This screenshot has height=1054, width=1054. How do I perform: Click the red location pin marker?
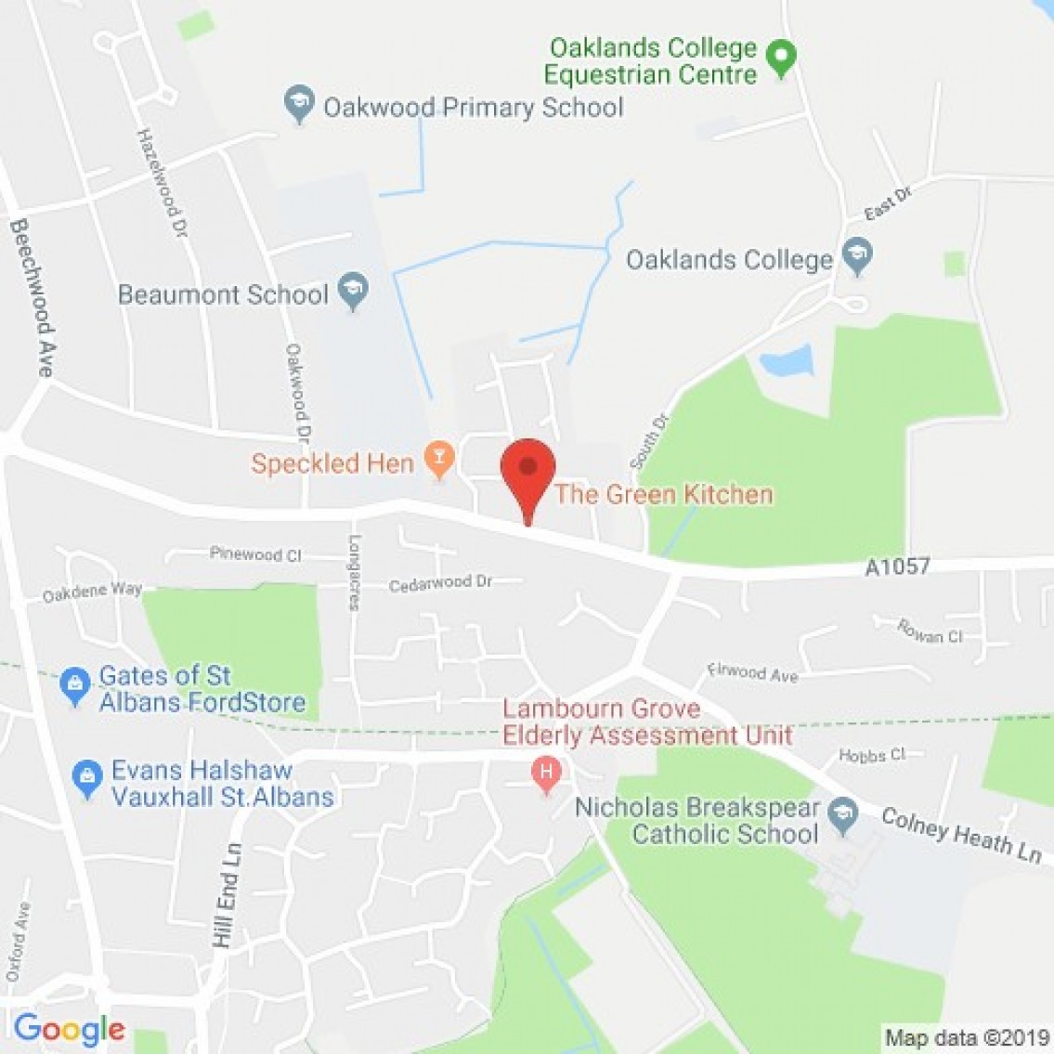tap(527, 472)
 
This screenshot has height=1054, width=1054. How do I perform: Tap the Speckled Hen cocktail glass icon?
tap(438, 458)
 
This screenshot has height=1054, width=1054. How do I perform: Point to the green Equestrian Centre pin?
tap(782, 59)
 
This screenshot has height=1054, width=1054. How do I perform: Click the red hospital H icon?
tap(546, 773)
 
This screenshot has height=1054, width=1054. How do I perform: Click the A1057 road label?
tap(897, 566)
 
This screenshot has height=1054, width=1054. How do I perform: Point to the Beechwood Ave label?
tap(32, 297)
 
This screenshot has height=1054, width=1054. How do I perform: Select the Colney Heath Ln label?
tap(961, 836)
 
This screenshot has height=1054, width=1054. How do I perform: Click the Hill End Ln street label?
tap(226, 895)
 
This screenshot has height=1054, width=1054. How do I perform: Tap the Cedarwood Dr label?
tap(440, 583)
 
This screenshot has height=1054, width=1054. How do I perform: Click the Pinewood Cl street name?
tap(255, 554)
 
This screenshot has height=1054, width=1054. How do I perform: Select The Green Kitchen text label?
tap(663, 494)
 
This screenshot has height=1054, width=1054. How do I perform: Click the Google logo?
tap(69, 1029)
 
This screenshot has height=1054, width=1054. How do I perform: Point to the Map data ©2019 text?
tap(966, 1036)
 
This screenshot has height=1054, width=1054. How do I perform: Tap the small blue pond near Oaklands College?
tap(786, 361)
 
